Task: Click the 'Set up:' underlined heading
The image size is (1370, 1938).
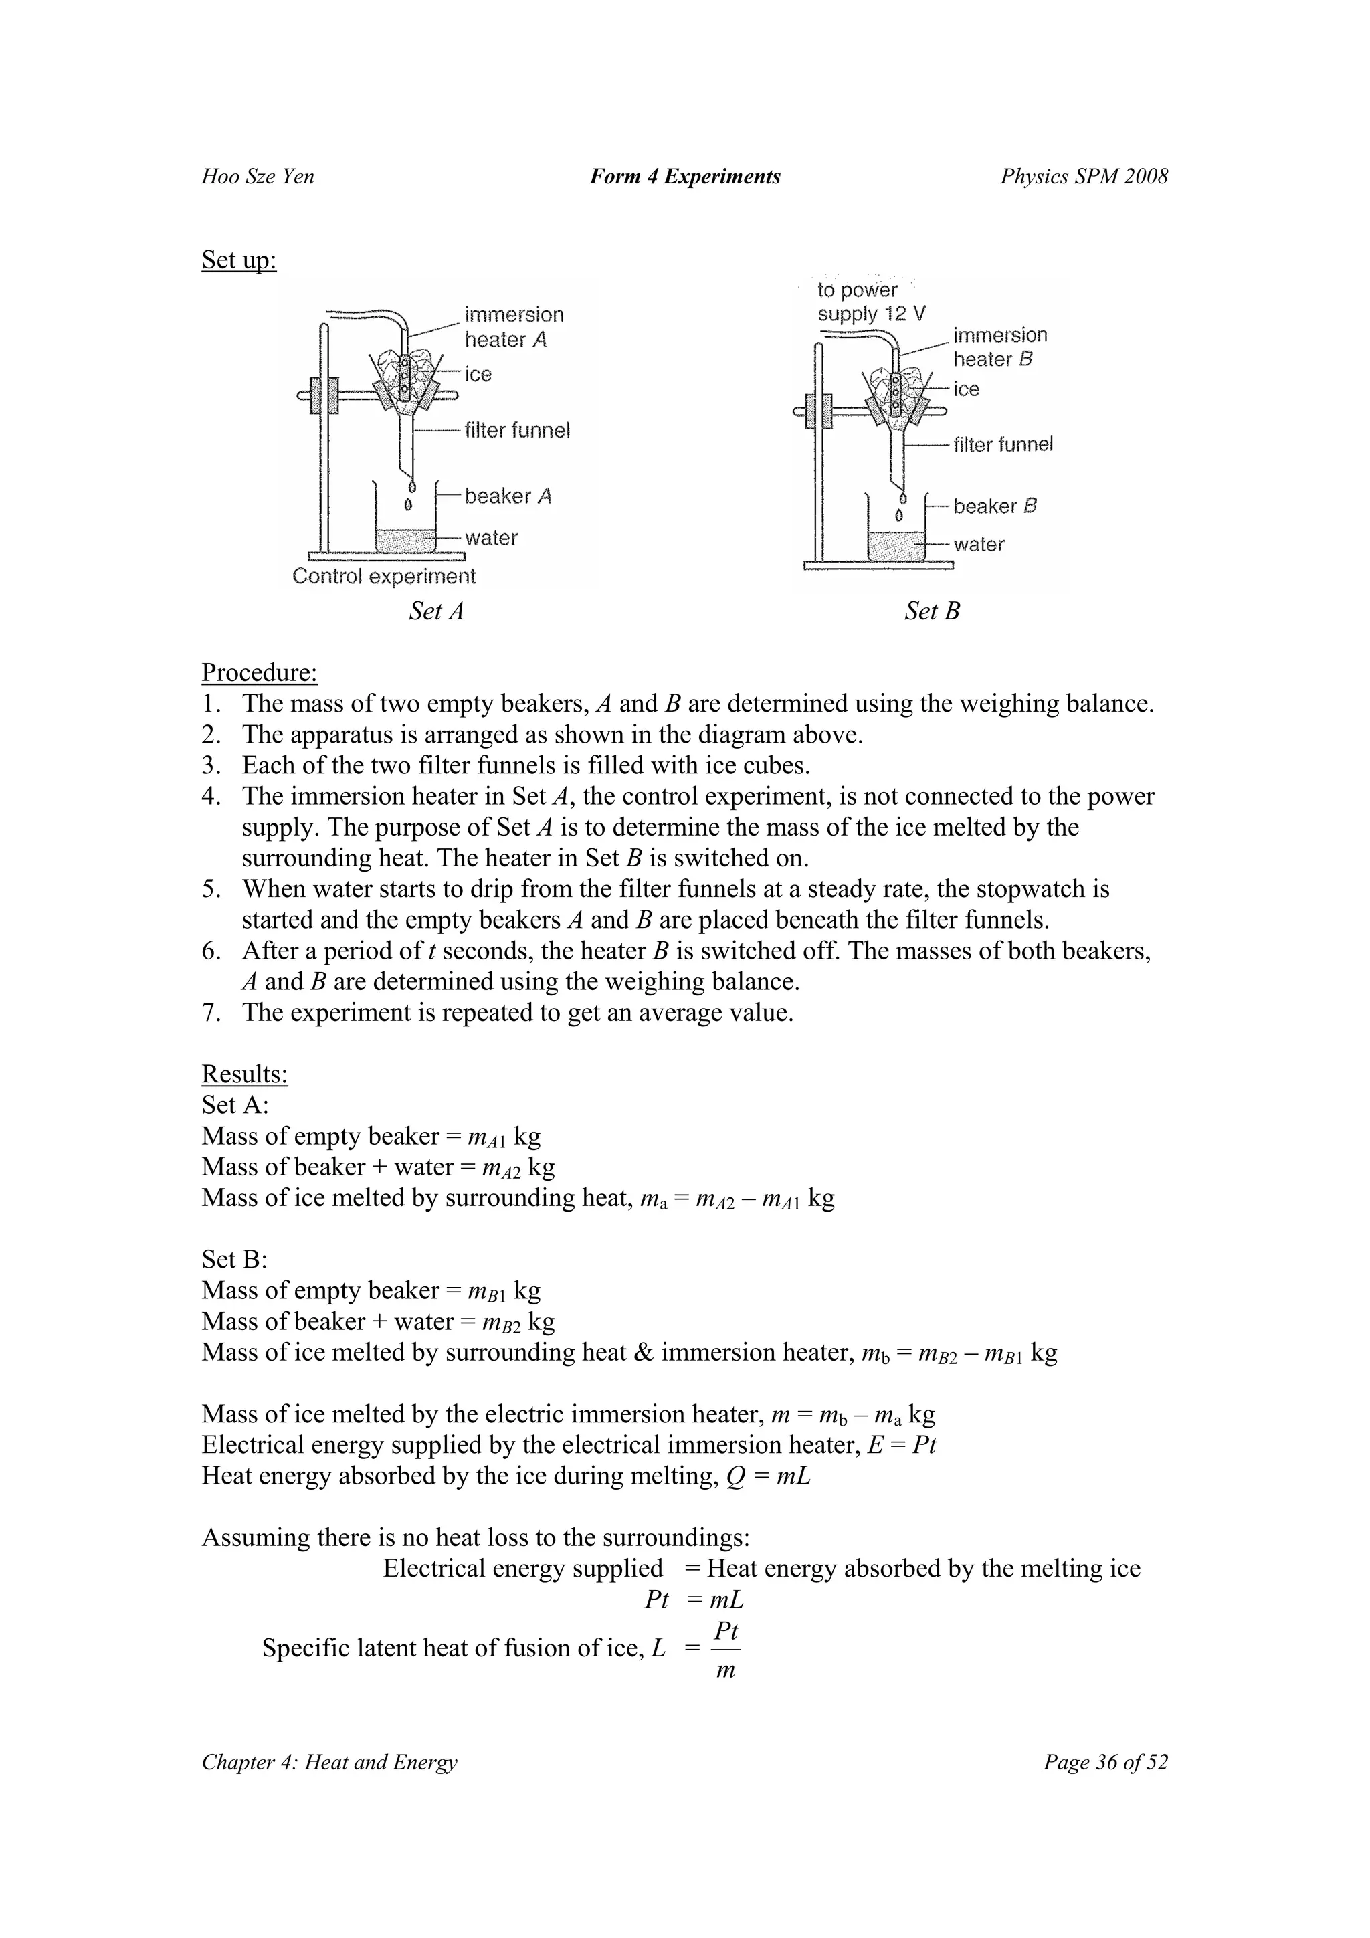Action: click(x=239, y=260)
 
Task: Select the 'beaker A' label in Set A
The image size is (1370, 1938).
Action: click(x=507, y=496)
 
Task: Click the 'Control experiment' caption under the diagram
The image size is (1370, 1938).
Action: click(x=384, y=577)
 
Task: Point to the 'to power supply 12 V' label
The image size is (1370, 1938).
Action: click(x=870, y=302)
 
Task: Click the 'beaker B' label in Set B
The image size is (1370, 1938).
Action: click(x=994, y=506)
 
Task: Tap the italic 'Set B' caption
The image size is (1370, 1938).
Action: click(x=932, y=611)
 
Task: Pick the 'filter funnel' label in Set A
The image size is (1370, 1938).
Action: click(x=516, y=430)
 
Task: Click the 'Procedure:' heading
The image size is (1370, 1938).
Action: click(x=259, y=673)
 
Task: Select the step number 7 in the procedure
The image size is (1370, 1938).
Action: click(x=210, y=1013)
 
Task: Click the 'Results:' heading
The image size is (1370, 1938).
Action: click(x=245, y=1074)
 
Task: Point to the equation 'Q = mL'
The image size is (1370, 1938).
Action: click(x=768, y=1476)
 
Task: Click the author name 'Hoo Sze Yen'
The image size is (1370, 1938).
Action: click(x=258, y=177)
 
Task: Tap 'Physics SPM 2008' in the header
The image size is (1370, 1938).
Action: click(x=1084, y=177)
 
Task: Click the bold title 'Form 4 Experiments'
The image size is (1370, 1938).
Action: click(x=684, y=177)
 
